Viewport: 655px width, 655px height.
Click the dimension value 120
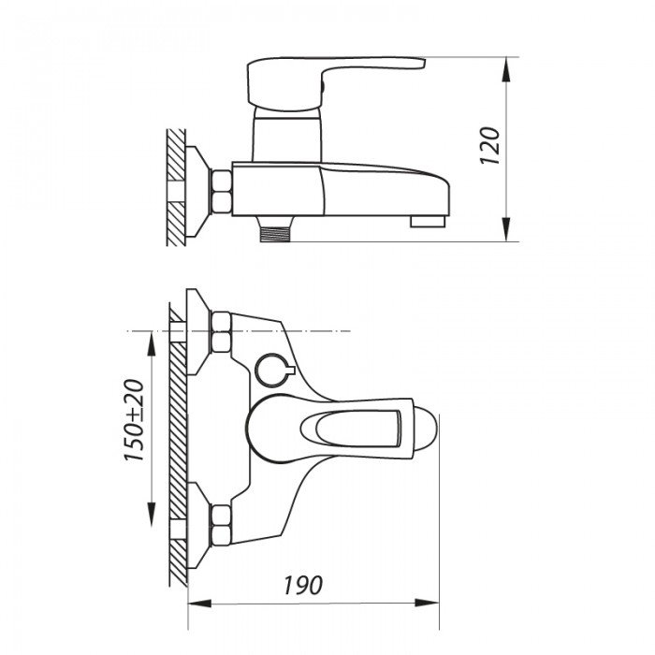tap(493, 147)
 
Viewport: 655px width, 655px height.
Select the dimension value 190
tap(302, 586)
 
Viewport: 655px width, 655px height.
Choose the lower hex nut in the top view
tap(222, 524)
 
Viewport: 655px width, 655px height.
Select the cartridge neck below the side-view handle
tap(288, 136)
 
